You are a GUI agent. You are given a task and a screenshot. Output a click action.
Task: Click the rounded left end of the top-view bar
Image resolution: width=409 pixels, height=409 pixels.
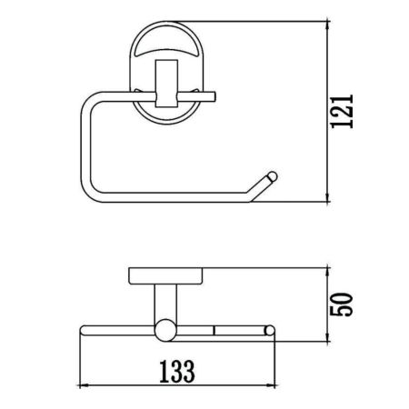click(85, 329)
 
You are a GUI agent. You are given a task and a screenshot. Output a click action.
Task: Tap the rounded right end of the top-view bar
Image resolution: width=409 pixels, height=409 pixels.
click(274, 329)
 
